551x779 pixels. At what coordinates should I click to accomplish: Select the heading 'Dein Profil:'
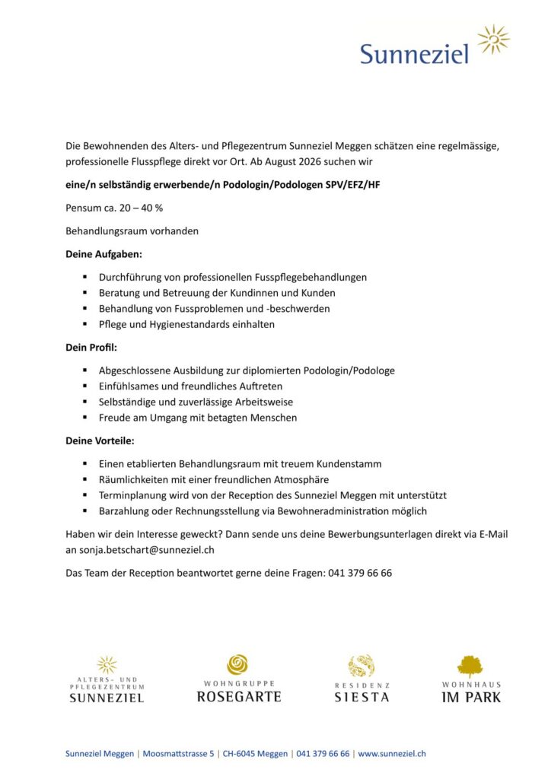click(91, 347)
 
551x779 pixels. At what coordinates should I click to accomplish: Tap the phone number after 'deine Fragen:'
click(360, 573)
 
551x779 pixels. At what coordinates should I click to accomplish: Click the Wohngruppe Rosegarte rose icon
click(238, 665)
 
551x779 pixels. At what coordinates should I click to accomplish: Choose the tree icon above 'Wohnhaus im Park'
click(471, 666)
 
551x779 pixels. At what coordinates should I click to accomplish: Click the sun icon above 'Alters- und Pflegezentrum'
click(107, 665)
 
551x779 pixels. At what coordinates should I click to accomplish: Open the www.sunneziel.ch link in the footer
click(391, 753)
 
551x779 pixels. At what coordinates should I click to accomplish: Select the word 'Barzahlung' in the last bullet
click(125, 510)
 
